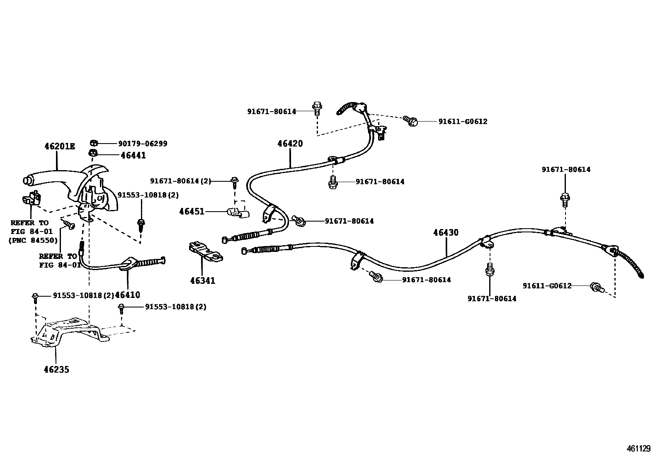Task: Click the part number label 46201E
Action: (60, 146)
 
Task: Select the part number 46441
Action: (133, 155)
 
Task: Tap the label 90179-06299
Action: (143, 144)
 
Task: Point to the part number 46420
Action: (290, 144)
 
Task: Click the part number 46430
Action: (446, 232)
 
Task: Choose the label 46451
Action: (192, 212)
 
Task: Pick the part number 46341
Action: (203, 280)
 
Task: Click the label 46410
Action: (127, 295)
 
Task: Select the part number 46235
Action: (56, 369)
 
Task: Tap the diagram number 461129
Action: (639, 449)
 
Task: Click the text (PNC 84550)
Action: (33, 240)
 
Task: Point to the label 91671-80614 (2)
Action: (180, 181)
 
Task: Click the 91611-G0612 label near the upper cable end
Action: (463, 122)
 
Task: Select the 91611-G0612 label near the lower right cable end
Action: (547, 285)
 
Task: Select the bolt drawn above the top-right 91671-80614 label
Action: (565, 199)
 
